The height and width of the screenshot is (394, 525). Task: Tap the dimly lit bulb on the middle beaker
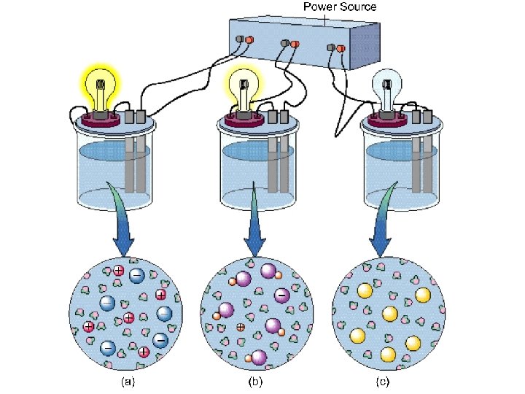click(243, 84)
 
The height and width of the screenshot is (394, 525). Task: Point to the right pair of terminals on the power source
click(335, 48)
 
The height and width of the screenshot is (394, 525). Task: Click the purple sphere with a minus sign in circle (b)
click(281, 295)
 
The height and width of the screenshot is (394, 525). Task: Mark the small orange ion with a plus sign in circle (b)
click(240, 328)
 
